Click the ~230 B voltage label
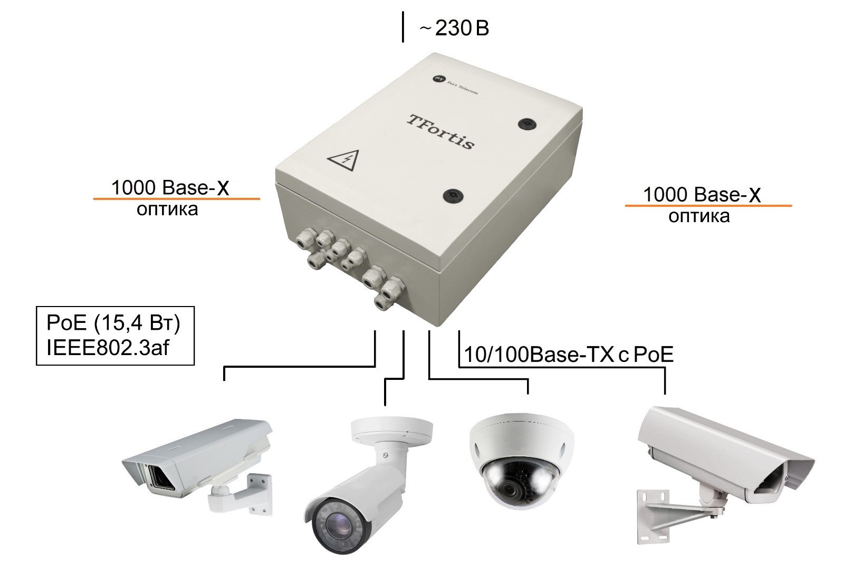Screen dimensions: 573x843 [454, 28]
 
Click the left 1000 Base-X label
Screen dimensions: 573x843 [170, 188]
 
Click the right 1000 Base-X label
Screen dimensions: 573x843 [702, 195]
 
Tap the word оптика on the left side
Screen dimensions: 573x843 [167, 209]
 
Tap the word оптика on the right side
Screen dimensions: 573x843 [699, 216]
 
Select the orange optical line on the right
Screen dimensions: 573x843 [708, 205]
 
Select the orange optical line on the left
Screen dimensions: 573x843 [176, 198]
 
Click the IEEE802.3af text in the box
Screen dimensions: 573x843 [108, 348]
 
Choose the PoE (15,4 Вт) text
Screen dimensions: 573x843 [113, 323]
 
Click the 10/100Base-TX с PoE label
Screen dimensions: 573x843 [568, 355]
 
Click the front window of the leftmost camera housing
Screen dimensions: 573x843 [159, 478]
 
